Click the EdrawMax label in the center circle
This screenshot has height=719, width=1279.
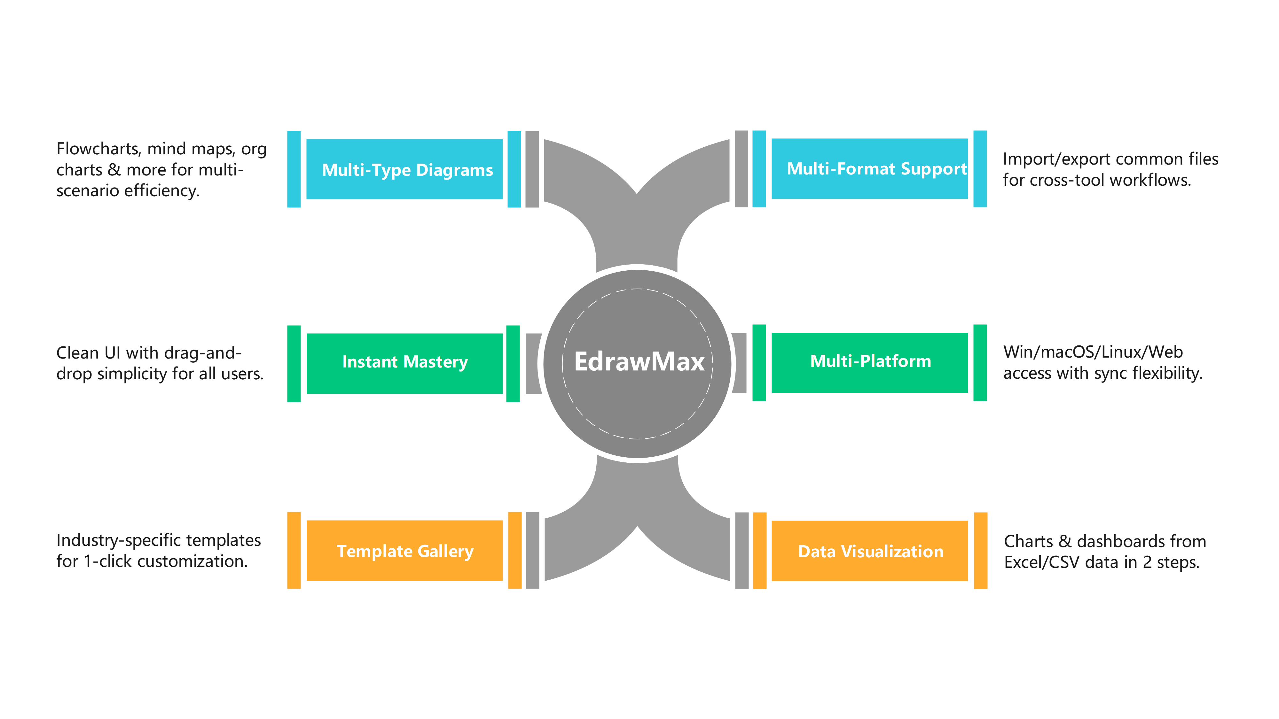pos(639,361)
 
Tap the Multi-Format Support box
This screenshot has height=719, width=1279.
pos(869,169)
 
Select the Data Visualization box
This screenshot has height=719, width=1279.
pos(869,551)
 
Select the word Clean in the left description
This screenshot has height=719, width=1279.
pos(77,353)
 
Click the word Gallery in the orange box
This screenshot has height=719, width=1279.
pos(445,551)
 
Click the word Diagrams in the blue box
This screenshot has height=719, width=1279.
pos(454,170)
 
